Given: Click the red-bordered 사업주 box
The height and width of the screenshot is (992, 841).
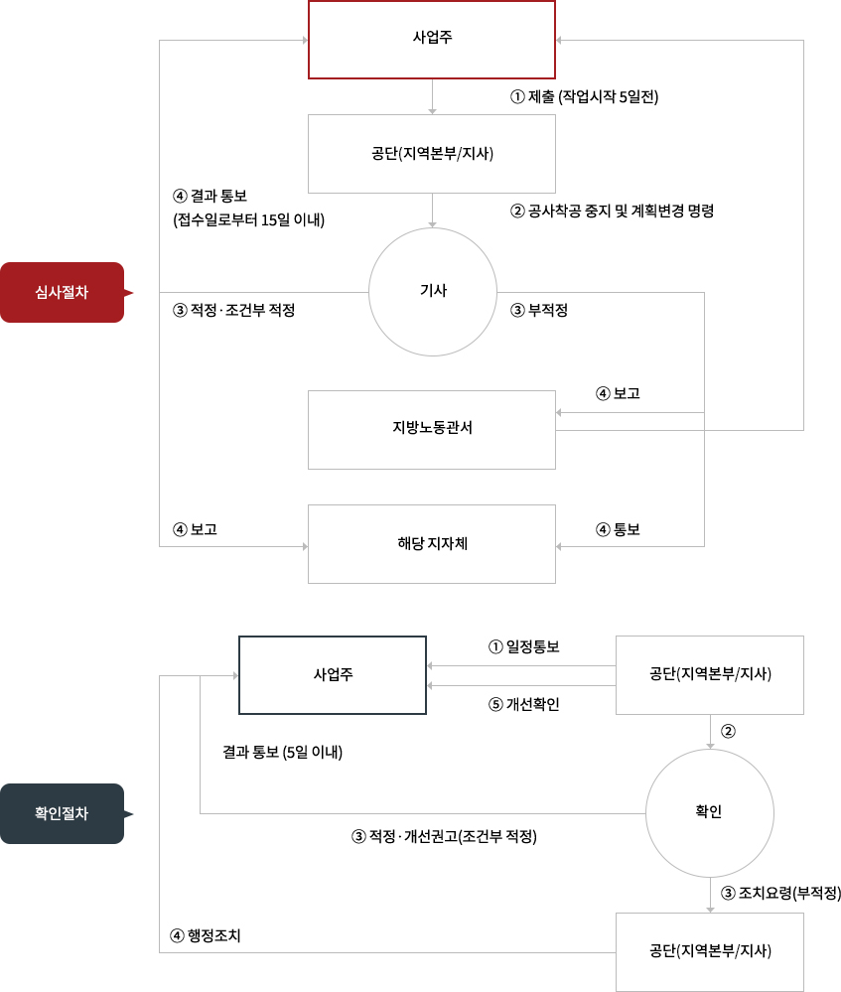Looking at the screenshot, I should pyautogui.click(x=431, y=39).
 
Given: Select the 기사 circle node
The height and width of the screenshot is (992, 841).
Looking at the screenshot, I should pyautogui.click(x=433, y=291).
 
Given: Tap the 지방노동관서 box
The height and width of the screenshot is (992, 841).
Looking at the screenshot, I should pyautogui.click(x=431, y=429).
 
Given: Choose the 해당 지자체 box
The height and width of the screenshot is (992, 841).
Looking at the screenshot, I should pyautogui.click(x=431, y=543).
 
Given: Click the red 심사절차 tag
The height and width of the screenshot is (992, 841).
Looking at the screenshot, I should pyautogui.click(x=62, y=292).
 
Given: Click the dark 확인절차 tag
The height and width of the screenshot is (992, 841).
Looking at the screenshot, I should pyautogui.click(x=62, y=813).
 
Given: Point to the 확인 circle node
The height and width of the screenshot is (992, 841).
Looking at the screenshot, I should pyautogui.click(x=709, y=812).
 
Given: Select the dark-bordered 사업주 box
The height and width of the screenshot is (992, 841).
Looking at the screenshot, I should pyautogui.click(x=333, y=674).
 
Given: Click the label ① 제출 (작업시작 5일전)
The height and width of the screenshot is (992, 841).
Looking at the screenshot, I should pyautogui.click(x=585, y=97).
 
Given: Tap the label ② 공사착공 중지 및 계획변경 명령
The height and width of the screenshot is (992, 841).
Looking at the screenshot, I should pyautogui.click(x=612, y=211).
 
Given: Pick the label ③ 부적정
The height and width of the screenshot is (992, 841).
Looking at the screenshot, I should pyautogui.click(x=539, y=310).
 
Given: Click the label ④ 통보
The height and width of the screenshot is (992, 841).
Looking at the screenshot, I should pyautogui.click(x=618, y=529).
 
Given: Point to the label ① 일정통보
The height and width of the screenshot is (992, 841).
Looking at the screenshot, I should pyautogui.click(x=523, y=646).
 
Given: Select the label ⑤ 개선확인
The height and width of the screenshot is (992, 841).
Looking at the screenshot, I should pyautogui.click(x=523, y=704).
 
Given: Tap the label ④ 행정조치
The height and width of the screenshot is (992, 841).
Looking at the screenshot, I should pyautogui.click(x=206, y=935).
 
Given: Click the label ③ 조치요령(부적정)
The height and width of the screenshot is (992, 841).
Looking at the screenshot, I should pyautogui.click(x=780, y=893).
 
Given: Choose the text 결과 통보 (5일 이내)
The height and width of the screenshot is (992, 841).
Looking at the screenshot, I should pyautogui.click(x=282, y=752).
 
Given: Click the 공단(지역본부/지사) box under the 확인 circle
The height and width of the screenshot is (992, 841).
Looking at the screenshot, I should pyautogui.click(x=709, y=951).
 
